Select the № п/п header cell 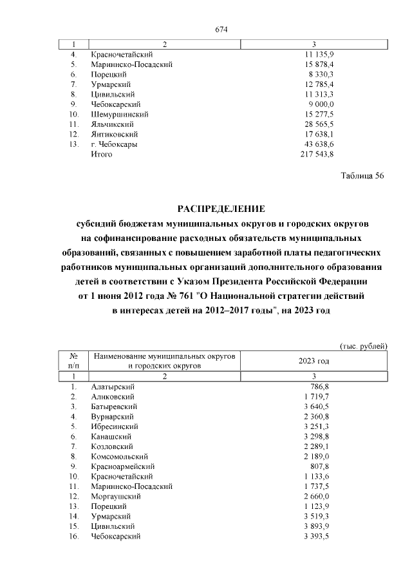[73, 360]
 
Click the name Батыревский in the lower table [113, 406]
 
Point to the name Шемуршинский [120, 114]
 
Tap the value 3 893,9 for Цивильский [317, 526]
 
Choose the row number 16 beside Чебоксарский [73, 537]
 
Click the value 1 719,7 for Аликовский [317, 397]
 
